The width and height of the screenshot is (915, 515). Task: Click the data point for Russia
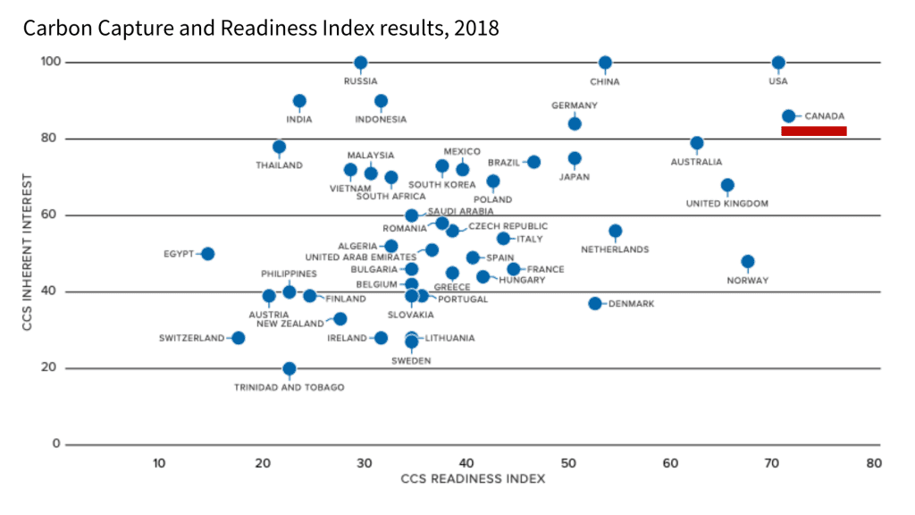[361, 63]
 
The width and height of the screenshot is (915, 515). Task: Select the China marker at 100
[606, 63]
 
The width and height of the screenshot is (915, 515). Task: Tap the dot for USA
[778, 63]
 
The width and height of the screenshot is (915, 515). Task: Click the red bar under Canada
[813, 131]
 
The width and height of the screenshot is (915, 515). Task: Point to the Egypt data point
[207, 254]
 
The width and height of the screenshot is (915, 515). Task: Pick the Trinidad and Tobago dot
[290, 368]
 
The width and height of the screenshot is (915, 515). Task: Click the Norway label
[747, 281]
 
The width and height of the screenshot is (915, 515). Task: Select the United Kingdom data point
[727, 186]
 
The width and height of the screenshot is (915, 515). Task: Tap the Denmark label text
[631, 304]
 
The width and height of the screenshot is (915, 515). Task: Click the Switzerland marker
[239, 338]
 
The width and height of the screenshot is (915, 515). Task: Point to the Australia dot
[697, 143]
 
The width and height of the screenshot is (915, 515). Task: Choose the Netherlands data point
[616, 231]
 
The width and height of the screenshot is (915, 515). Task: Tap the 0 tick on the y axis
[55, 444]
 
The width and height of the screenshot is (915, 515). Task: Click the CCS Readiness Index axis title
[473, 479]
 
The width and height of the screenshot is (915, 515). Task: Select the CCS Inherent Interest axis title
[29, 253]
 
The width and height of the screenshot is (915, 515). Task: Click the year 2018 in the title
[475, 28]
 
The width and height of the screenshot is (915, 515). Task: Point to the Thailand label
[279, 165]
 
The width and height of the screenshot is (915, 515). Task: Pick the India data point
[299, 101]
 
